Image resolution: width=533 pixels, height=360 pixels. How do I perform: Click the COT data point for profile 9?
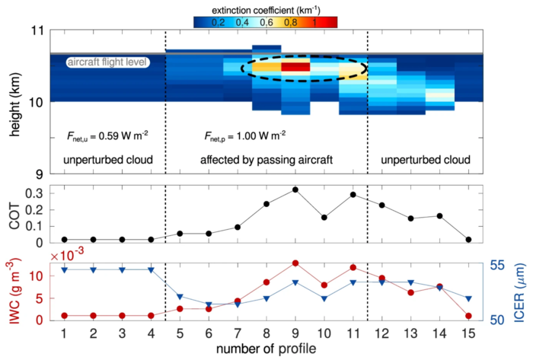295,190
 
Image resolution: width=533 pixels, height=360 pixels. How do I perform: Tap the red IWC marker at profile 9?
295,263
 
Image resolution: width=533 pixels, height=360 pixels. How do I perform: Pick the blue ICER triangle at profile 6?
209,305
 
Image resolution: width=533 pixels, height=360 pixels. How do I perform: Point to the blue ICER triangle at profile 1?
64,270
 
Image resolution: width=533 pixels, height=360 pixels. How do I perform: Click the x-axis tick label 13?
411,333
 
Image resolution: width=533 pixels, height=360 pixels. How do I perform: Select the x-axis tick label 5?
180,333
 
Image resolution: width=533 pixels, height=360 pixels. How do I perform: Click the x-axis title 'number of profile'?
265,349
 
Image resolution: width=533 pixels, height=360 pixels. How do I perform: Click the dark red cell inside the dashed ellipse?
295,67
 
